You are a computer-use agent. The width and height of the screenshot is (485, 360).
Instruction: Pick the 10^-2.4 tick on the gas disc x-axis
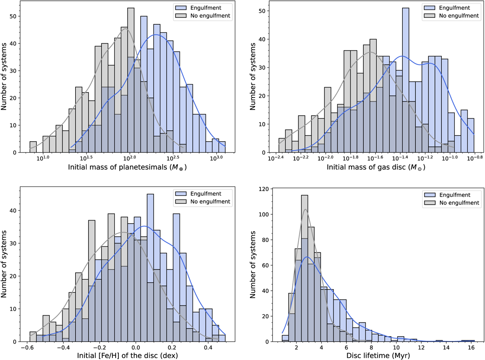277,158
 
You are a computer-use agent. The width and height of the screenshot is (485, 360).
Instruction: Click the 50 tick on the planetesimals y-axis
19,16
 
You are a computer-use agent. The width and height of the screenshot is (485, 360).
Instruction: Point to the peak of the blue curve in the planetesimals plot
156,35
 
